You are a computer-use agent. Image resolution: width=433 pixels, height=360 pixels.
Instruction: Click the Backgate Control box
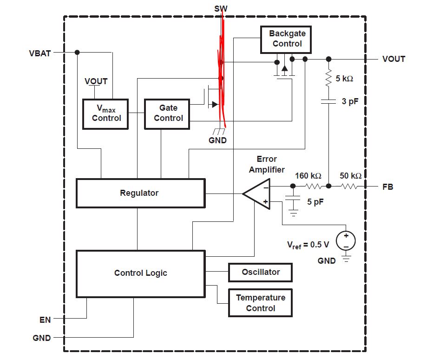[x=287, y=39]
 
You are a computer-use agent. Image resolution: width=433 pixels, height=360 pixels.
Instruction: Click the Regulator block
[x=139, y=193]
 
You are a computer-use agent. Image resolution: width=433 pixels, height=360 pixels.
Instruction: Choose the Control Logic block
[x=140, y=273]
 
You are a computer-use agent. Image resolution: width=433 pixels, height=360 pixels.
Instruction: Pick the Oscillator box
[x=261, y=272]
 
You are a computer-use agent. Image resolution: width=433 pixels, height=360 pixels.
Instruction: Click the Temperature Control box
[x=261, y=303]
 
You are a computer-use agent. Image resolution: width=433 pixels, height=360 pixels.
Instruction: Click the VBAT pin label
[x=39, y=53]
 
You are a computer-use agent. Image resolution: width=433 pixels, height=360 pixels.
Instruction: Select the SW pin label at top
[x=221, y=8]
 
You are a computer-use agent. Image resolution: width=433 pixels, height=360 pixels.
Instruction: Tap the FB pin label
[x=388, y=187]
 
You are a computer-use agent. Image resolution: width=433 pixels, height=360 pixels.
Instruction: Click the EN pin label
[x=45, y=320]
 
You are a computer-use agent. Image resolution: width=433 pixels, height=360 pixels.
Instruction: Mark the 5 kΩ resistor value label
[x=344, y=79]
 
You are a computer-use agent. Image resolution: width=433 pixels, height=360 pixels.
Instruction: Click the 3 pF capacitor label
[x=350, y=101]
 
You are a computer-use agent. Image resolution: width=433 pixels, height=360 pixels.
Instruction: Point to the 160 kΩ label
[x=308, y=176]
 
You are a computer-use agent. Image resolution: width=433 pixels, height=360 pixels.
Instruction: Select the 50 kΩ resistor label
[x=351, y=176]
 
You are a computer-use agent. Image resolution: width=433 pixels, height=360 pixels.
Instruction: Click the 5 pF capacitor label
[x=315, y=202]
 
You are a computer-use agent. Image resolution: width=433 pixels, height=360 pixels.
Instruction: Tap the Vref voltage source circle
[x=346, y=240]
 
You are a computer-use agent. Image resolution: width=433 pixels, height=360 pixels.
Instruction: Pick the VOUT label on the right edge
[x=394, y=59]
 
